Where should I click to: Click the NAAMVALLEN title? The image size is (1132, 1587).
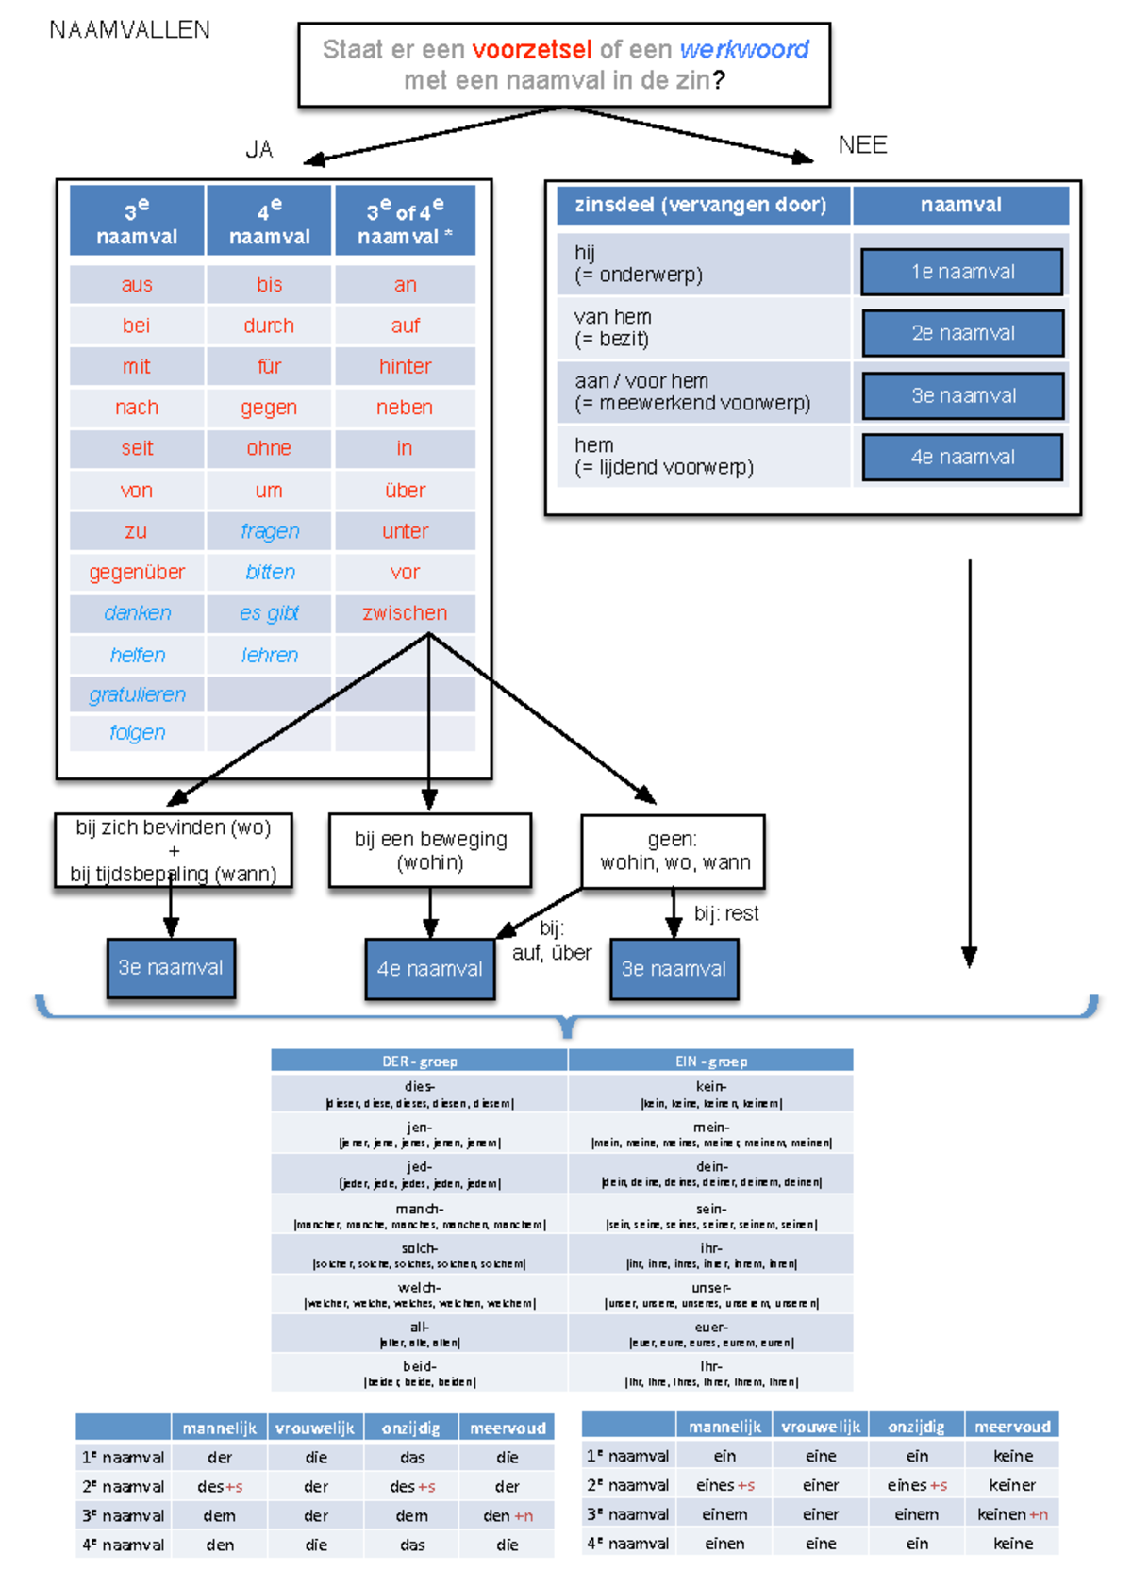click(129, 30)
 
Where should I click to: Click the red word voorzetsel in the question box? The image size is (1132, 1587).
click(531, 49)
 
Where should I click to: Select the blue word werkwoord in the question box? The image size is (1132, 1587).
click(743, 49)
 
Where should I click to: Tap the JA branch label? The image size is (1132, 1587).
click(259, 149)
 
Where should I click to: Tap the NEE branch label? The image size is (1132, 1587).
click(862, 144)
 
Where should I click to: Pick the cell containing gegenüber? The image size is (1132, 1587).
click(137, 572)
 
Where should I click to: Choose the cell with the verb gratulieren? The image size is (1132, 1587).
click(137, 694)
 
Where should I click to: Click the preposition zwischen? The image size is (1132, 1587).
click(405, 612)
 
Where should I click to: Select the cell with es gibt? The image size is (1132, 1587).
click(269, 612)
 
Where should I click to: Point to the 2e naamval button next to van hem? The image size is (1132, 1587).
click(962, 333)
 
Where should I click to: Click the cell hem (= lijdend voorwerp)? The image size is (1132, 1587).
click(703, 456)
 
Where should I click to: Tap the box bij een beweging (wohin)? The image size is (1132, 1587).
click(430, 850)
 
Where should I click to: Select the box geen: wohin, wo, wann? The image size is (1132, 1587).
click(674, 851)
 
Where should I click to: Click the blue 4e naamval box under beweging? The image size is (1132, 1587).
click(430, 968)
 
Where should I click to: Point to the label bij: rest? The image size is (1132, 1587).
click(725, 913)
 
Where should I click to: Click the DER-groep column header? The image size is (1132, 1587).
click(419, 1061)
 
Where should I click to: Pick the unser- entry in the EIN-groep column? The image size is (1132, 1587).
click(711, 1295)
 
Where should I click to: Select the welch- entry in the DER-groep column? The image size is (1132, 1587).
click(419, 1295)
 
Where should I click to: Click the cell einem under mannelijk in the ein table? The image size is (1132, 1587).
click(724, 1514)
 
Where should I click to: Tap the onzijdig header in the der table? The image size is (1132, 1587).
click(411, 1428)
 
